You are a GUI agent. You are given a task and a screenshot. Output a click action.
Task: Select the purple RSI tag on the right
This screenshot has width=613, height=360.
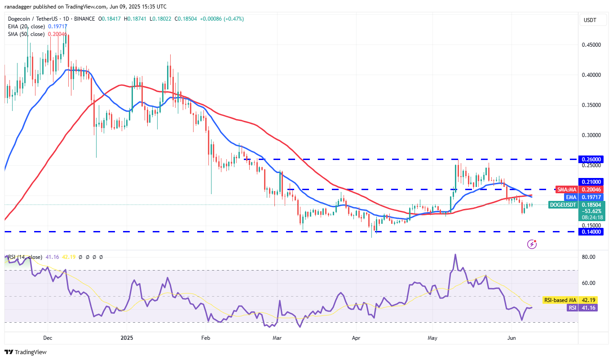click(x=572, y=308)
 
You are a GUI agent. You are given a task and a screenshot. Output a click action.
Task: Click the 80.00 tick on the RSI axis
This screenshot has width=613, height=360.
click(x=589, y=257)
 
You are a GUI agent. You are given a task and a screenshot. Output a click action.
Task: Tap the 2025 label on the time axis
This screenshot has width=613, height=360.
click(x=127, y=337)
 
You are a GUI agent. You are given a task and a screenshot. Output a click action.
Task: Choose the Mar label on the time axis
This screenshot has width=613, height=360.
click(x=277, y=337)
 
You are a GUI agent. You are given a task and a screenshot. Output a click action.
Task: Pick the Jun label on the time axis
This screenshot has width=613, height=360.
click(x=511, y=337)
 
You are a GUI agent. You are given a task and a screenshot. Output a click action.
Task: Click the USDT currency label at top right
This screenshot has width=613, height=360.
click(x=589, y=20)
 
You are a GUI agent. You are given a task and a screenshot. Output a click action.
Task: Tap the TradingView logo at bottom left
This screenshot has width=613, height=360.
click(x=26, y=352)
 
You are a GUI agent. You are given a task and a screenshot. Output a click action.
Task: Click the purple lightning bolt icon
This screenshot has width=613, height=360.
click(x=532, y=244)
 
